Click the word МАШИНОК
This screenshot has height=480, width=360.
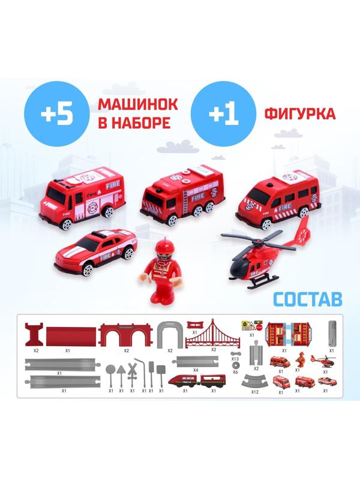point(129,103)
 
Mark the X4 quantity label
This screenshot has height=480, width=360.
point(196,370)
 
